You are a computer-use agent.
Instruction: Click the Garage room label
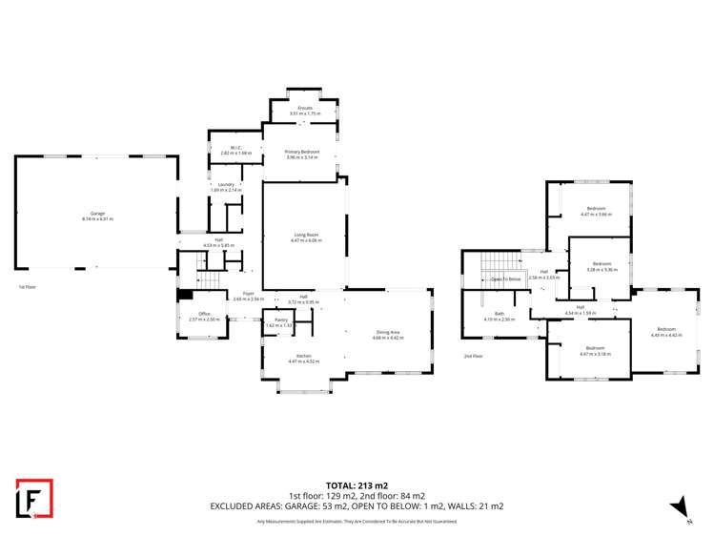pos(97,215)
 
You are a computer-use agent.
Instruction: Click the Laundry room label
pos(226,186)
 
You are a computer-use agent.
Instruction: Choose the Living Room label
pos(306,237)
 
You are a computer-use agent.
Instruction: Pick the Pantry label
pos(281,321)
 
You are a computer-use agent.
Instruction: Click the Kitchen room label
pos(305,359)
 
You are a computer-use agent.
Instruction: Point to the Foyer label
pos(248,295)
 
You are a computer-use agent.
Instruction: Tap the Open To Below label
pos(505,278)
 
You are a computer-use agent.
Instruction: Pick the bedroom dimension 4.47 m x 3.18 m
pos(596,353)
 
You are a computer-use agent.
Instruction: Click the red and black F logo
pos(34,498)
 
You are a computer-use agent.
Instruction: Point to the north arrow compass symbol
pos(679,506)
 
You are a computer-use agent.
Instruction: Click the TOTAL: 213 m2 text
pos(357,485)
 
